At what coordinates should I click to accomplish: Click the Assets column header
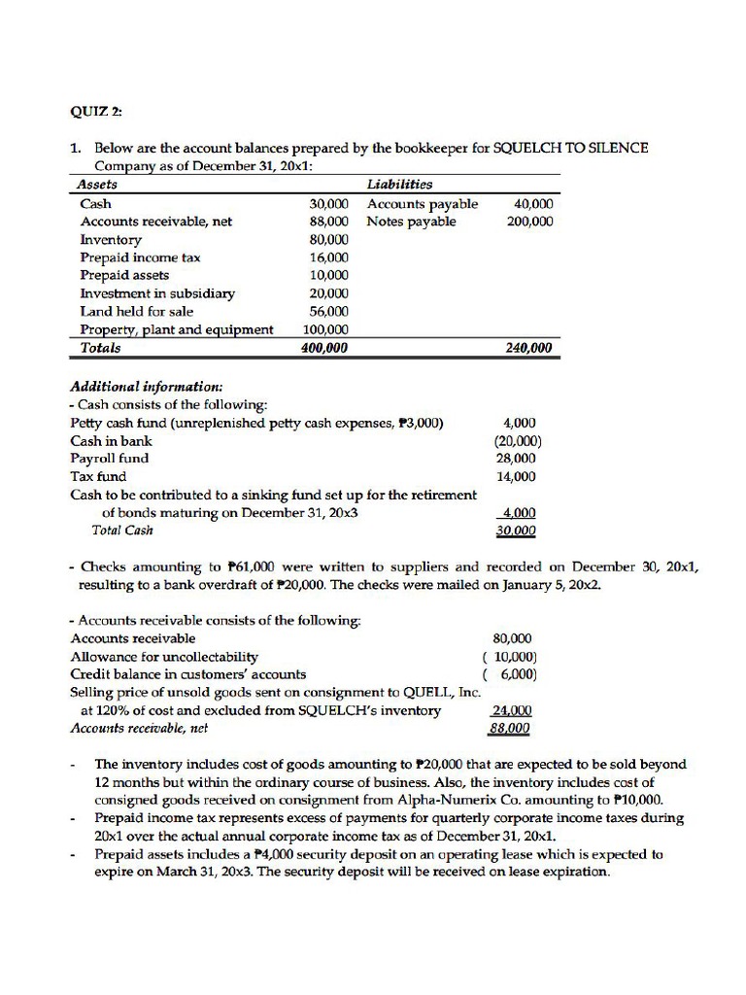pyautogui.click(x=98, y=186)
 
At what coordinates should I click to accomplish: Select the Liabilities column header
pyautogui.click(x=400, y=186)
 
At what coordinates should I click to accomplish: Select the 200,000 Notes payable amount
pyautogui.click(x=529, y=222)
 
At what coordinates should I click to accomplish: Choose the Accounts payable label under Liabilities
pyautogui.click(x=423, y=204)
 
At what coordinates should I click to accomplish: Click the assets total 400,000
pyautogui.click(x=324, y=348)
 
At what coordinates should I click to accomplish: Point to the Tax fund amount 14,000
pyautogui.click(x=516, y=477)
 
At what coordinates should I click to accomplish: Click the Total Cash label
pyautogui.click(x=122, y=531)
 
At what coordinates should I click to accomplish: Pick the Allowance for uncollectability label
pyautogui.click(x=164, y=657)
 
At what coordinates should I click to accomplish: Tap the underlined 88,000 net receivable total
pyautogui.click(x=512, y=728)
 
